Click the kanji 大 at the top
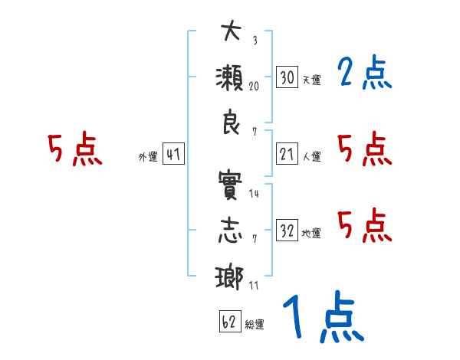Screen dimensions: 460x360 [x=232, y=31]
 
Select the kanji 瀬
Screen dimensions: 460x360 [x=229, y=77]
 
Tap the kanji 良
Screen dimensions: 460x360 [x=232, y=122]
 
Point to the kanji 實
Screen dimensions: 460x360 [x=230, y=185]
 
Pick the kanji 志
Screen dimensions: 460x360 [x=230, y=231]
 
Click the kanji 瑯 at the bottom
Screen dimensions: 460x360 [x=229, y=277]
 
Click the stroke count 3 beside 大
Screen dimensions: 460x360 [x=255, y=40]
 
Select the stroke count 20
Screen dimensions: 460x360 [x=254, y=87]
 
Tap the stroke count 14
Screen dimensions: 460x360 [x=254, y=194]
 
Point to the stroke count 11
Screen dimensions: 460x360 [x=254, y=286]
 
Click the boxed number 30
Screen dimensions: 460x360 [x=287, y=77]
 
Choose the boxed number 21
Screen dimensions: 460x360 [x=287, y=154]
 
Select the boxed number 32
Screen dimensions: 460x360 [x=287, y=230]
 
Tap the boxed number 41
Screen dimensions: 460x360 [x=173, y=154]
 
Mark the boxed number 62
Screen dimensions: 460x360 [x=230, y=321]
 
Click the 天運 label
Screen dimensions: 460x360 [x=311, y=80]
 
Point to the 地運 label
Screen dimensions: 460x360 [x=311, y=233]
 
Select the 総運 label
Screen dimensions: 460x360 [x=255, y=324]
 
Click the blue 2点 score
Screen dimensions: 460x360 [x=364, y=72]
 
